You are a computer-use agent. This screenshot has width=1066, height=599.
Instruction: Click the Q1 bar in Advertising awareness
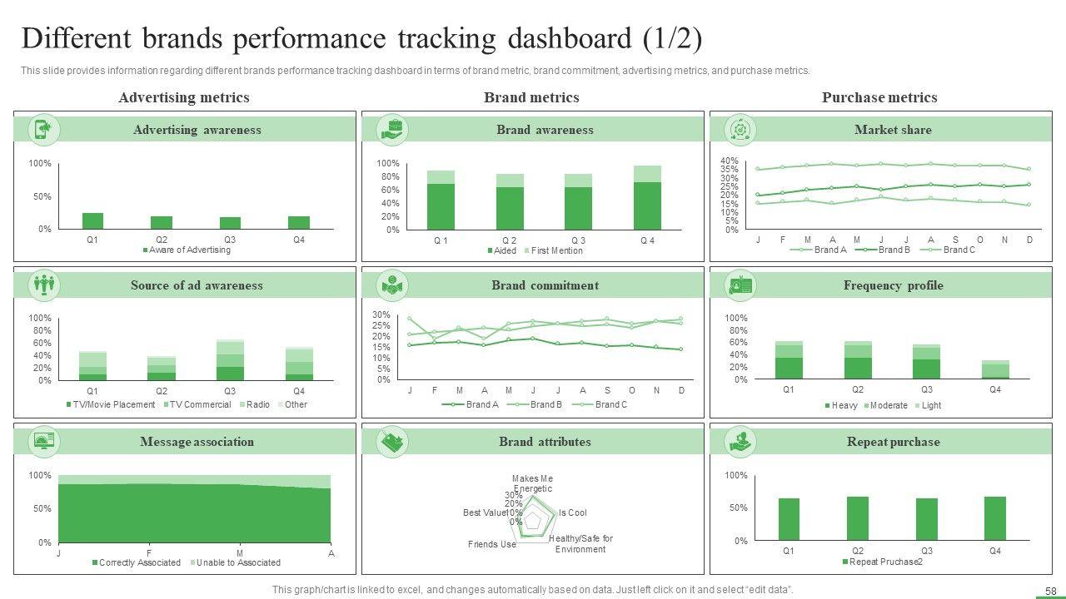[92, 220]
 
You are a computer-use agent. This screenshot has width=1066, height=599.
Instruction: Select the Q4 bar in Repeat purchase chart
[995, 518]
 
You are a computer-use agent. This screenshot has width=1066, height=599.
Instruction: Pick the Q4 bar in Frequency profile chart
[995, 369]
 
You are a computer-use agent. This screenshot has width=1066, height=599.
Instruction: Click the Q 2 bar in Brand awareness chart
[510, 202]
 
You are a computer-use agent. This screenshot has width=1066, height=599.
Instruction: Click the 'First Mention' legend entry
[554, 250]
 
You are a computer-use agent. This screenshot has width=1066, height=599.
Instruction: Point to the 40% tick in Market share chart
[729, 161]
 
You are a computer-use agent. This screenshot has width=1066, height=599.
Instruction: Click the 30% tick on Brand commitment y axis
[381, 314]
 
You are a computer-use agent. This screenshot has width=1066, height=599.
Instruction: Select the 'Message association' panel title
[197, 442]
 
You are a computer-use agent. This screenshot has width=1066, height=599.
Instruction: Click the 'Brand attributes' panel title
[545, 442]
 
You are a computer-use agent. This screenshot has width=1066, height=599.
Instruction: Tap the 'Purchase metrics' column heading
[879, 97]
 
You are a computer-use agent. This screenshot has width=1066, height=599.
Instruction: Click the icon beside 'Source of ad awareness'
[43, 285]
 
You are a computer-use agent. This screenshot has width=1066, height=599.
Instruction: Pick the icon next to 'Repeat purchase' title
[740, 441]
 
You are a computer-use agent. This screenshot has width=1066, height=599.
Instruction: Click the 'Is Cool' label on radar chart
[572, 513]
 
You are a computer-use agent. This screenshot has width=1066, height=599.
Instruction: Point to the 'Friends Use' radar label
[492, 544]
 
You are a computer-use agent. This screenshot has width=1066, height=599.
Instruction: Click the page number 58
[1050, 590]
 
